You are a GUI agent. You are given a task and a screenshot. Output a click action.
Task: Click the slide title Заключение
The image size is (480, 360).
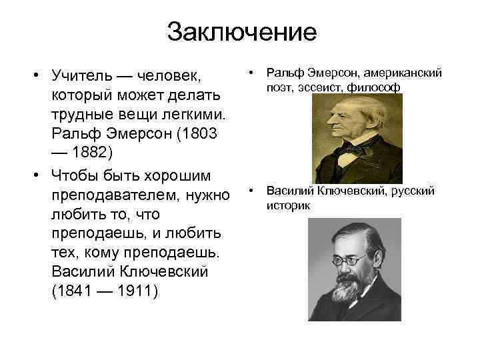[241, 31]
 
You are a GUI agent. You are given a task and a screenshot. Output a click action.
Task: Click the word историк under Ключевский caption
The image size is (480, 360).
[288, 205]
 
